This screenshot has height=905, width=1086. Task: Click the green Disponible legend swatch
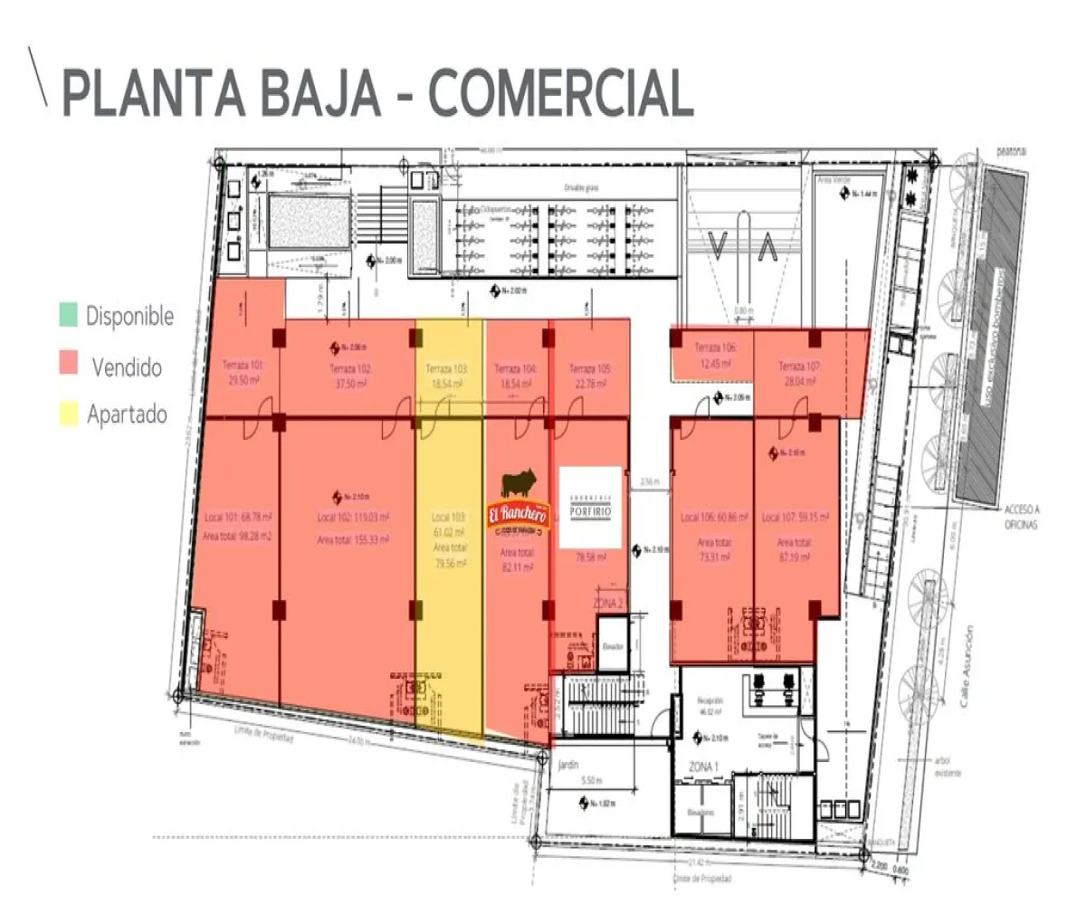click(x=67, y=316)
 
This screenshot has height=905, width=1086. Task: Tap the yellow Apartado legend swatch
click(x=67, y=414)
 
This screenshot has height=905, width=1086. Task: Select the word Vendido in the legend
click(x=127, y=367)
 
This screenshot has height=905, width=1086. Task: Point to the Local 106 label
click(x=714, y=518)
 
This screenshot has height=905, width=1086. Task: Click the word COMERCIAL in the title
click(x=561, y=92)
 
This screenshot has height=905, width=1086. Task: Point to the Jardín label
click(x=568, y=764)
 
